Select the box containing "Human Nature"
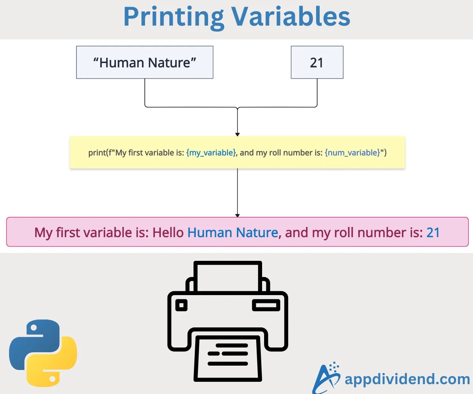point(145,62)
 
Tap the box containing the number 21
point(317,62)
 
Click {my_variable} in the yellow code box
point(211,153)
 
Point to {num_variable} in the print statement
point(352,153)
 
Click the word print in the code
point(97,153)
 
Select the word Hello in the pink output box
point(168,232)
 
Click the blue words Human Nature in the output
point(233,232)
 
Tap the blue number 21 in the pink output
point(433,232)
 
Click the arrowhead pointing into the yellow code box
point(237,134)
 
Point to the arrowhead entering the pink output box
point(237,215)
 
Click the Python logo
point(43,353)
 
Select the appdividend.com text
point(407,379)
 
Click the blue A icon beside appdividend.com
point(326,377)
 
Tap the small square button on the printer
point(182,305)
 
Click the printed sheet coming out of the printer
point(227,357)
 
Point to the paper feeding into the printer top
point(227,276)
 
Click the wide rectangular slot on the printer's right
point(266,305)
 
